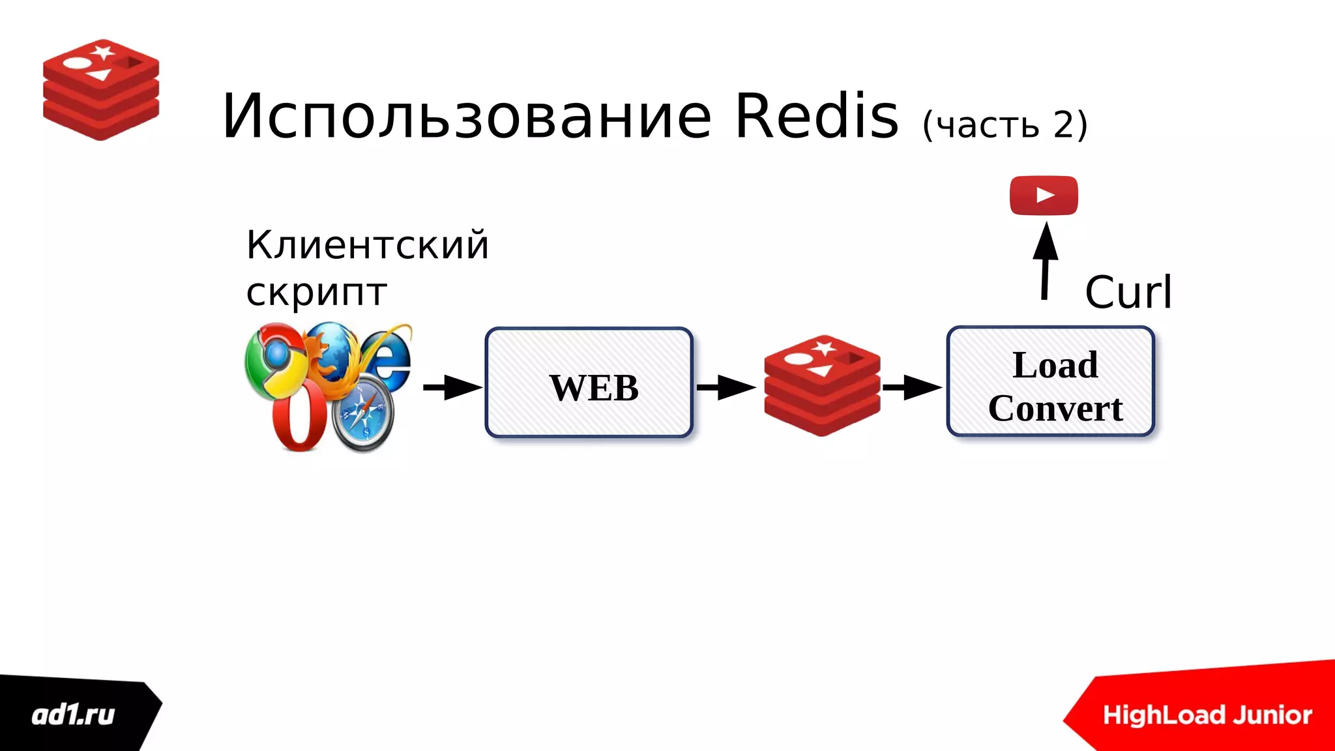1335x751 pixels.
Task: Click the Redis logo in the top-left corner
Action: [101, 89]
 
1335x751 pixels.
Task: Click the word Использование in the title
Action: [466, 117]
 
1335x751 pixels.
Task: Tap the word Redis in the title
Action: [817, 116]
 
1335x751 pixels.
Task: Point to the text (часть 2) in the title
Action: [1005, 125]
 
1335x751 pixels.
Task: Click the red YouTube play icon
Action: [1044, 195]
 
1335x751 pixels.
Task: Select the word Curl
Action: [1128, 291]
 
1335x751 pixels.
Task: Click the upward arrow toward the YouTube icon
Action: [1045, 261]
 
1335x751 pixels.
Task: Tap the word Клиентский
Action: [367, 245]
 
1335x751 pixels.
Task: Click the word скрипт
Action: [317, 291]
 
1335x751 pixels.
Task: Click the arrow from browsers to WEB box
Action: [452, 387]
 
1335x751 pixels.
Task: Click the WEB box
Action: [589, 383]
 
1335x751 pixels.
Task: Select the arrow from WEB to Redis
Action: [726, 387]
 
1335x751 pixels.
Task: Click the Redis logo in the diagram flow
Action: [822, 385]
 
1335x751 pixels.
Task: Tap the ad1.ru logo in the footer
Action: [74, 715]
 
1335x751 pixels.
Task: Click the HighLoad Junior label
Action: [1207, 715]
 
